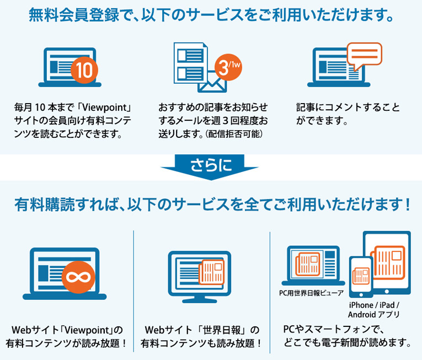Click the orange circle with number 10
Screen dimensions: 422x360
pyautogui.click(x=84, y=70)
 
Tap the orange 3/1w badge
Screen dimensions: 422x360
pyautogui.click(x=228, y=67)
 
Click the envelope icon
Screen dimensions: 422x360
pyautogui.click(x=212, y=83)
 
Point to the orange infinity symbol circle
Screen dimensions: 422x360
pyautogui.click(x=78, y=277)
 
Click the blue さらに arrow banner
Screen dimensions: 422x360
pyautogui.click(x=210, y=166)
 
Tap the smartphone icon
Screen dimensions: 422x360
pyautogui.click(x=361, y=277)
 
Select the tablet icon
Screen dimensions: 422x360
pyautogui.click(x=387, y=262)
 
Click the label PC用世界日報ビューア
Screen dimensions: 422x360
pyautogui.click(x=311, y=293)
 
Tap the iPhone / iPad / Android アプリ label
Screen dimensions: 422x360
pyautogui.click(x=374, y=310)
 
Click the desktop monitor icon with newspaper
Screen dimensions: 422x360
pyautogui.click(x=200, y=277)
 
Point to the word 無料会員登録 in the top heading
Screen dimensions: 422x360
pyautogui.click(x=73, y=15)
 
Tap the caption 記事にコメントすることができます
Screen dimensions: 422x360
pyautogui.click(x=348, y=114)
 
